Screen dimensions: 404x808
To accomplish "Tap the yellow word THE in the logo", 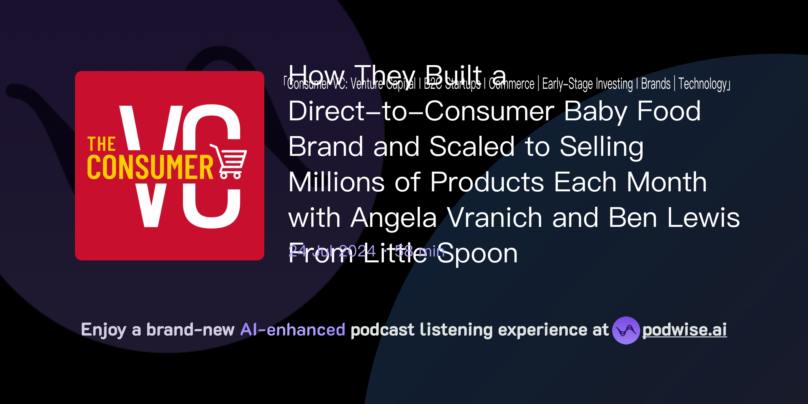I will (101, 144).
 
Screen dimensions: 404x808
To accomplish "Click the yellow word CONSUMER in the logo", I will (150, 167).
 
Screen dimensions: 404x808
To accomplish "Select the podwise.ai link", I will (685, 330).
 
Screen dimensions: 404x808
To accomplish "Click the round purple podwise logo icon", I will (626, 330).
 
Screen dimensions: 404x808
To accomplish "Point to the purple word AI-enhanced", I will (293, 330).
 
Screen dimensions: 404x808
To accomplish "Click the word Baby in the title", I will (595, 111).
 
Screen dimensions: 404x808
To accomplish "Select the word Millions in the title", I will (336, 182).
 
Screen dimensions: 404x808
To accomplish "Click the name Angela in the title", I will (394, 218).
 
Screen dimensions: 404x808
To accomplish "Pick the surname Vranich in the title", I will (495, 218).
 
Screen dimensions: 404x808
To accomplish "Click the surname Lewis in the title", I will (703, 218).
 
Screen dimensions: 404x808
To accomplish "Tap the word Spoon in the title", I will (477, 254).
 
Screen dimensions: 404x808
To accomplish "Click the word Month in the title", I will (667, 182).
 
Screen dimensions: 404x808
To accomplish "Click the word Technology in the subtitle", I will (703, 84).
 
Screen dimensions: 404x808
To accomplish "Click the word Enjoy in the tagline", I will (103, 330).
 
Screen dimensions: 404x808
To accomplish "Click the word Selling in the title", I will (601, 147).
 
